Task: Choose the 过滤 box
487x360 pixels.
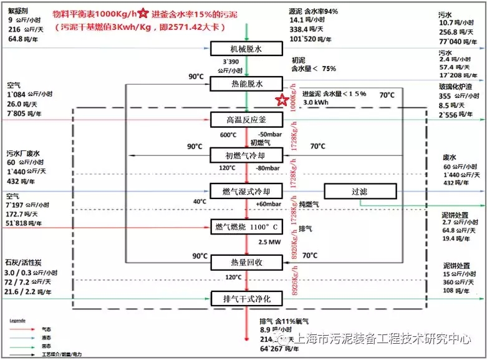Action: click(x=360, y=191)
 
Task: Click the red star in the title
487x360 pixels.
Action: click(x=143, y=13)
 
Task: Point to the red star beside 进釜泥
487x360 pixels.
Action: click(x=282, y=99)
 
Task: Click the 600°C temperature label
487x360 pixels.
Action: click(x=227, y=135)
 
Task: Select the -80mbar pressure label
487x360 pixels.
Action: click(x=269, y=168)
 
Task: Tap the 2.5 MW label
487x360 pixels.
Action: click(x=269, y=241)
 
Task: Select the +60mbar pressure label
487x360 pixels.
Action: click(x=268, y=204)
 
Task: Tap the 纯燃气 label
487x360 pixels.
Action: click(x=309, y=204)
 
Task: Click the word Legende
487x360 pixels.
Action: click(x=17, y=319)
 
